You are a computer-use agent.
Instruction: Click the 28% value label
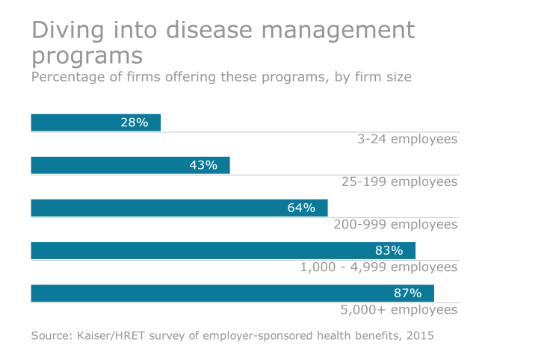point(134,122)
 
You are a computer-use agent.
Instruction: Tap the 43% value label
point(203,165)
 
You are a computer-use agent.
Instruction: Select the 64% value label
point(301,208)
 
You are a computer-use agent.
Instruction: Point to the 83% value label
point(389,250)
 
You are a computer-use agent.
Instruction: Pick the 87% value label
point(407,293)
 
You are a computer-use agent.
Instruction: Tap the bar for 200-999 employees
point(149,208)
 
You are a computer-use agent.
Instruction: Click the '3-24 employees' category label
point(407,139)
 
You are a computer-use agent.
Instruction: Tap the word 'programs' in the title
point(87,57)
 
